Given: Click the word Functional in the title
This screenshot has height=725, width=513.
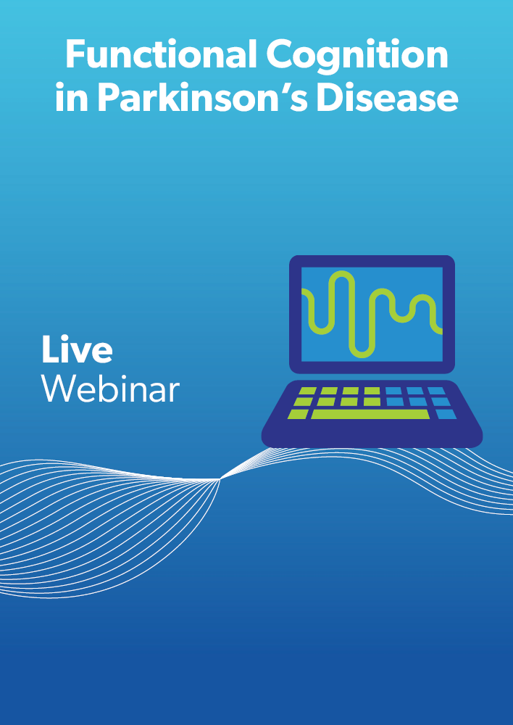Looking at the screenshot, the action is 161,54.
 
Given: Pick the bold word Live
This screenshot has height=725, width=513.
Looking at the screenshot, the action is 77,349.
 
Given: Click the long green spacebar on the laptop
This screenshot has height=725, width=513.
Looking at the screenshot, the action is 370,414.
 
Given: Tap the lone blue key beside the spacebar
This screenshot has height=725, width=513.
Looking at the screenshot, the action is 446,414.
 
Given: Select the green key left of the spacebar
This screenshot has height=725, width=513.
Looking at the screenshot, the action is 298,414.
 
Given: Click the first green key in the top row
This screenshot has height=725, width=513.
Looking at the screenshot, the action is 307,391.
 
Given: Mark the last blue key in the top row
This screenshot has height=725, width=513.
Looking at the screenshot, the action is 436,391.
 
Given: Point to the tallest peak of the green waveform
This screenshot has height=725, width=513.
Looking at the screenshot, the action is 341,273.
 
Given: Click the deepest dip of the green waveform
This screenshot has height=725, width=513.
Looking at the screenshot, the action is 362,355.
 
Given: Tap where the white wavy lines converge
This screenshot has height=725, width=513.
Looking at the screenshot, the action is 220,479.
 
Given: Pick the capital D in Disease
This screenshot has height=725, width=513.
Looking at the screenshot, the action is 330,97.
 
